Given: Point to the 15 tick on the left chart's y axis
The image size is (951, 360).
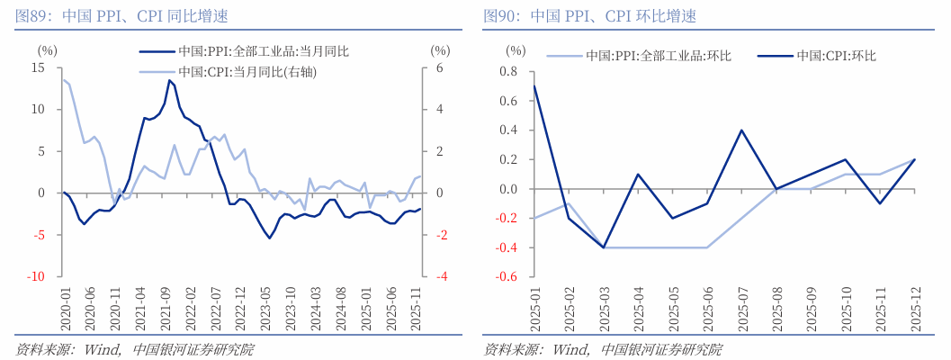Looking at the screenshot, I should (x=38, y=68).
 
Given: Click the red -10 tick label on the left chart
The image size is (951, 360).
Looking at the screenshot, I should (x=36, y=277).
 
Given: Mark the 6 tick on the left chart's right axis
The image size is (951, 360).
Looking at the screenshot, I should (x=440, y=68).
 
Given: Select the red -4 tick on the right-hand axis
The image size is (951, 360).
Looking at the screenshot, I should (x=441, y=277).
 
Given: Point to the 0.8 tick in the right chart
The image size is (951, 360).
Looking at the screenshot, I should (x=509, y=72).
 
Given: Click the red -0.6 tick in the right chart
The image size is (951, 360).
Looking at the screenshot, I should (x=507, y=277).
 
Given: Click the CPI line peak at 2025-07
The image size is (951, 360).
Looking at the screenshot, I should (x=741, y=130).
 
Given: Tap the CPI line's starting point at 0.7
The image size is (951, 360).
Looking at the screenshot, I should (x=534, y=86).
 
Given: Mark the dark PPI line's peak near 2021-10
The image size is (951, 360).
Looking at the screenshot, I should (x=168, y=80).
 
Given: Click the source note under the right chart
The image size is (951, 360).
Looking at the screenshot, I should (x=602, y=349).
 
